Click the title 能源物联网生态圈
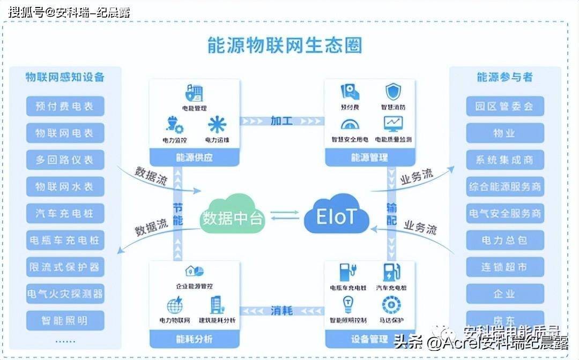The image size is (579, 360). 285,45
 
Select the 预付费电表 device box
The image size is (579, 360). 65,106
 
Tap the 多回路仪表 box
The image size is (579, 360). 65,160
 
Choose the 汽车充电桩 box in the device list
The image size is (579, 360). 65,213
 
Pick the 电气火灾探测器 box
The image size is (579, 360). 65,294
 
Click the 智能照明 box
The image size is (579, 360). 65,320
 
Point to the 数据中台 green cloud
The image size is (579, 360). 233,217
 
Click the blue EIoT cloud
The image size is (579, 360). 336,217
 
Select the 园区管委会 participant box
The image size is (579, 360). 504,106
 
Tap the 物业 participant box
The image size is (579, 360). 504,133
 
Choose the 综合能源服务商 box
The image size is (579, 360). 504,186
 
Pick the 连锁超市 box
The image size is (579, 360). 504,267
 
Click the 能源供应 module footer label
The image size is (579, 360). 194,157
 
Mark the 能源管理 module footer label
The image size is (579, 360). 369,157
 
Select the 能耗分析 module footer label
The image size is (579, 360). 194,339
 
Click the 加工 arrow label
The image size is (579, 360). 281,121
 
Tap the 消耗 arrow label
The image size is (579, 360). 281,310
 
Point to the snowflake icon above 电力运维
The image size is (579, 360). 217,125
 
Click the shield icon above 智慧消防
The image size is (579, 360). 394,91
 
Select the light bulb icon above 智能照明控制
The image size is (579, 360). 348,304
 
